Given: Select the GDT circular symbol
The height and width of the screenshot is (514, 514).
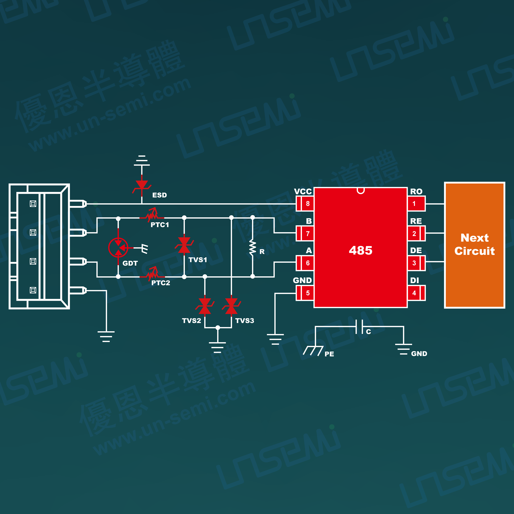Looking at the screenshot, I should pos(118,247).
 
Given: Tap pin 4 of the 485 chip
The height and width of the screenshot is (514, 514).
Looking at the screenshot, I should pos(416,293).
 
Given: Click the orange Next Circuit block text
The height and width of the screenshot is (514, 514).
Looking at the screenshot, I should pos(474,244).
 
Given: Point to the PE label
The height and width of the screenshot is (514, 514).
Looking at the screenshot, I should pos(329,354).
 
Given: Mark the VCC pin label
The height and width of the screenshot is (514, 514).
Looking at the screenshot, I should pos(303,192).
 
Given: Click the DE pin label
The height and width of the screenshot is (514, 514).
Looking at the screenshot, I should pos(416,250).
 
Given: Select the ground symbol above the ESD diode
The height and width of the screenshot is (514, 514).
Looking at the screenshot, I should pos(142,160).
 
